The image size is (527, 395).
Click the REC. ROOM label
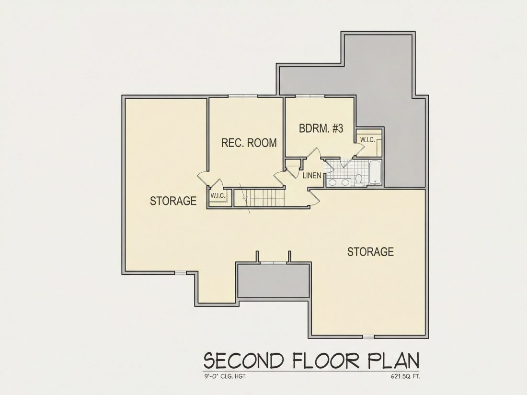[249, 143]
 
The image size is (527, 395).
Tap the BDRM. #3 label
[321, 129]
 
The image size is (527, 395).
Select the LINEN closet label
[312, 175]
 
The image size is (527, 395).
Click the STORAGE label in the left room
[173, 201]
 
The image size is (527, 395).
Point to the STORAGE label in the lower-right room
[370, 251]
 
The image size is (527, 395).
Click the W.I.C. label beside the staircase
[218, 196]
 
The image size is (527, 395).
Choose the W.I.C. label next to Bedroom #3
[367, 140]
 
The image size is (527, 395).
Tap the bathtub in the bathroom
[375, 173]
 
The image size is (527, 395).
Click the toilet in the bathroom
[359, 180]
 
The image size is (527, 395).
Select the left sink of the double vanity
[333, 182]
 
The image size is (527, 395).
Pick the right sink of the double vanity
[345, 182]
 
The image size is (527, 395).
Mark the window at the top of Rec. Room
[243, 96]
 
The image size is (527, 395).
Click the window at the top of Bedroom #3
[310, 96]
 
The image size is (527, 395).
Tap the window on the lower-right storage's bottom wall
[368, 337]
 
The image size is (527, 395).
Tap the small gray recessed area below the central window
[273, 281]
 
